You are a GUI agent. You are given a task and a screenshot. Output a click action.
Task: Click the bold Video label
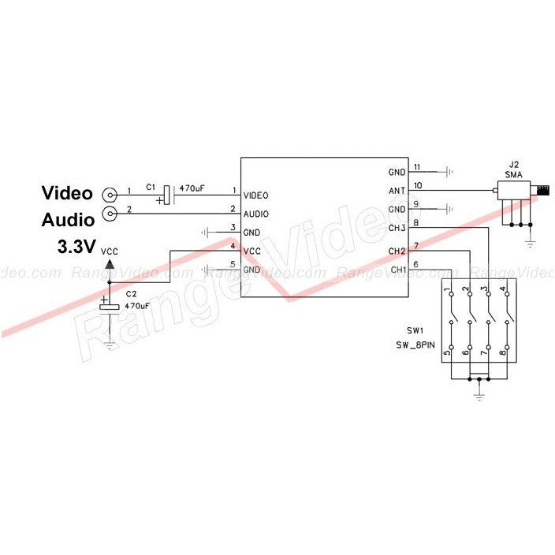coord(67,193)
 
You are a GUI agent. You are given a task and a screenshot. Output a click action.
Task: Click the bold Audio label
coord(68,219)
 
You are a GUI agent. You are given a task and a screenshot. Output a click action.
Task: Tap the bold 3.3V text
coord(75,247)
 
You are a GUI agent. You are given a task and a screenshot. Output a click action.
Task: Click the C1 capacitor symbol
coord(166,194)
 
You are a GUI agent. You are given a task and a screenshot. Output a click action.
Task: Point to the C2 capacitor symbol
coord(110,304)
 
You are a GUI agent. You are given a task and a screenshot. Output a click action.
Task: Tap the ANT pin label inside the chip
coord(397,191)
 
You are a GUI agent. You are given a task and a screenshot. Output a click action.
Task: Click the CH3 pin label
coord(397,229)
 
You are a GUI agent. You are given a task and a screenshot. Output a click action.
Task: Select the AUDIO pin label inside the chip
coord(257,214)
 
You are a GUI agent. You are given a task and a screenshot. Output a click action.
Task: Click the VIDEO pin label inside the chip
coord(257,196)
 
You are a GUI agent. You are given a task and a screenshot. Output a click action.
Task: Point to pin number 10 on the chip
coord(418,186)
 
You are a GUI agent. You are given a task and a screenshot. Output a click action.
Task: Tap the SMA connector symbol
coord(516,192)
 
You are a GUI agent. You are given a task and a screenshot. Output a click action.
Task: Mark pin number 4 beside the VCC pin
coord(233,246)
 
